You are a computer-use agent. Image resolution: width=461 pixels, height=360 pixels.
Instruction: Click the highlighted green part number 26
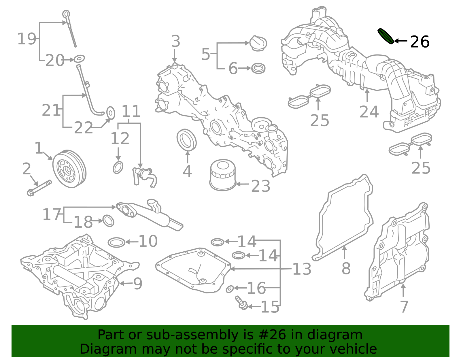(x=386, y=36)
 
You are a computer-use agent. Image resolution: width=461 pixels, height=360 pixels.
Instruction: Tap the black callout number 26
(x=420, y=42)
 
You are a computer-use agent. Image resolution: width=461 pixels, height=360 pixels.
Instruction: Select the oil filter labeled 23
(x=222, y=176)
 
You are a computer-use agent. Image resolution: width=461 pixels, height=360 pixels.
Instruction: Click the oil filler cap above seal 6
(x=258, y=44)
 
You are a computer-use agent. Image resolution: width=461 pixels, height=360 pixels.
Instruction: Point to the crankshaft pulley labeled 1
(x=69, y=169)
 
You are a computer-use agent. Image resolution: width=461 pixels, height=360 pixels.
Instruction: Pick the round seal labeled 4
(x=186, y=140)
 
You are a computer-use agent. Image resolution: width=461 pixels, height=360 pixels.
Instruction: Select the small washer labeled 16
(x=230, y=289)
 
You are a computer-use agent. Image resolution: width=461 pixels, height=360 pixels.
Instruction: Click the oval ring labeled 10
(x=117, y=242)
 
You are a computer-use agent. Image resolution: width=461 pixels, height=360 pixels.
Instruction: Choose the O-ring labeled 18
(x=108, y=221)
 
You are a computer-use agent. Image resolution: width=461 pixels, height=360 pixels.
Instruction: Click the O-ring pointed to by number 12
(x=118, y=167)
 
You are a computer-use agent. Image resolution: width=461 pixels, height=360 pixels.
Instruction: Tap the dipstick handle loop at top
(x=66, y=14)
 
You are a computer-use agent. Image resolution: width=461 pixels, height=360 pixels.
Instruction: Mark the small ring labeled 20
(x=79, y=59)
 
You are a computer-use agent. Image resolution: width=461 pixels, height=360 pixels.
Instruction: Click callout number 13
(x=302, y=269)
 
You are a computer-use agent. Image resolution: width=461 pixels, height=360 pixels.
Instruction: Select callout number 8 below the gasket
(x=346, y=269)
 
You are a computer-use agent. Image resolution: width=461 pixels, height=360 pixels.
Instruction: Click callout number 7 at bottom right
(x=404, y=306)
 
